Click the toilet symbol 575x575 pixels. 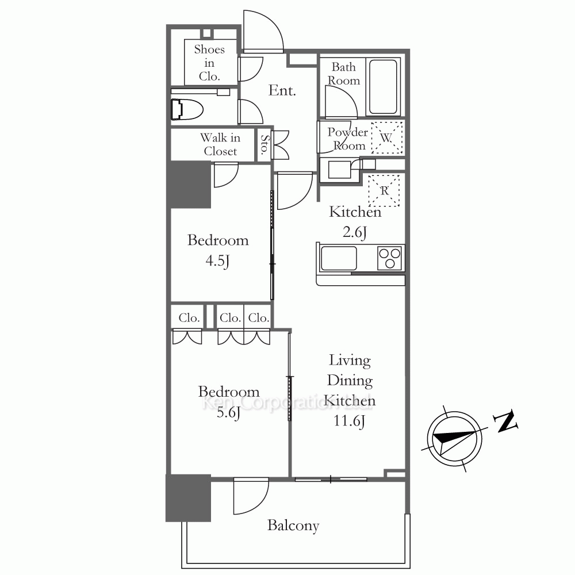click(187, 109)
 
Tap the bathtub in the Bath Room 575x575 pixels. click(383, 87)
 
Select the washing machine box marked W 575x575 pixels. click(387, 137)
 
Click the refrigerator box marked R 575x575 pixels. click(384, 190)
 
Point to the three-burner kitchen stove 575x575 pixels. click(389, 258)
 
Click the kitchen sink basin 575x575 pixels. click(339, 258)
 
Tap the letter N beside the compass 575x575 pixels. click(505, 421)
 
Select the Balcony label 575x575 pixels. click(293, 526)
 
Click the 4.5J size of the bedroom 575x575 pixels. click(217, 261)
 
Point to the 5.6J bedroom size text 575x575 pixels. click(228, 413)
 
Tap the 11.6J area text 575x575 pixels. click(349, 421)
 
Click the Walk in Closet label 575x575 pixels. click(220, 144)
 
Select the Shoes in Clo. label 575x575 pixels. click(209, 63)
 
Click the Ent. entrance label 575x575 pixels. click(282, 91)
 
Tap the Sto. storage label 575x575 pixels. click(264, 144)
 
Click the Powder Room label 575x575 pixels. click(348, 139)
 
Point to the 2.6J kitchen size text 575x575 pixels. click(355, 232)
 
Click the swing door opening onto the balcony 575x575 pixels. click(252, 496)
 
